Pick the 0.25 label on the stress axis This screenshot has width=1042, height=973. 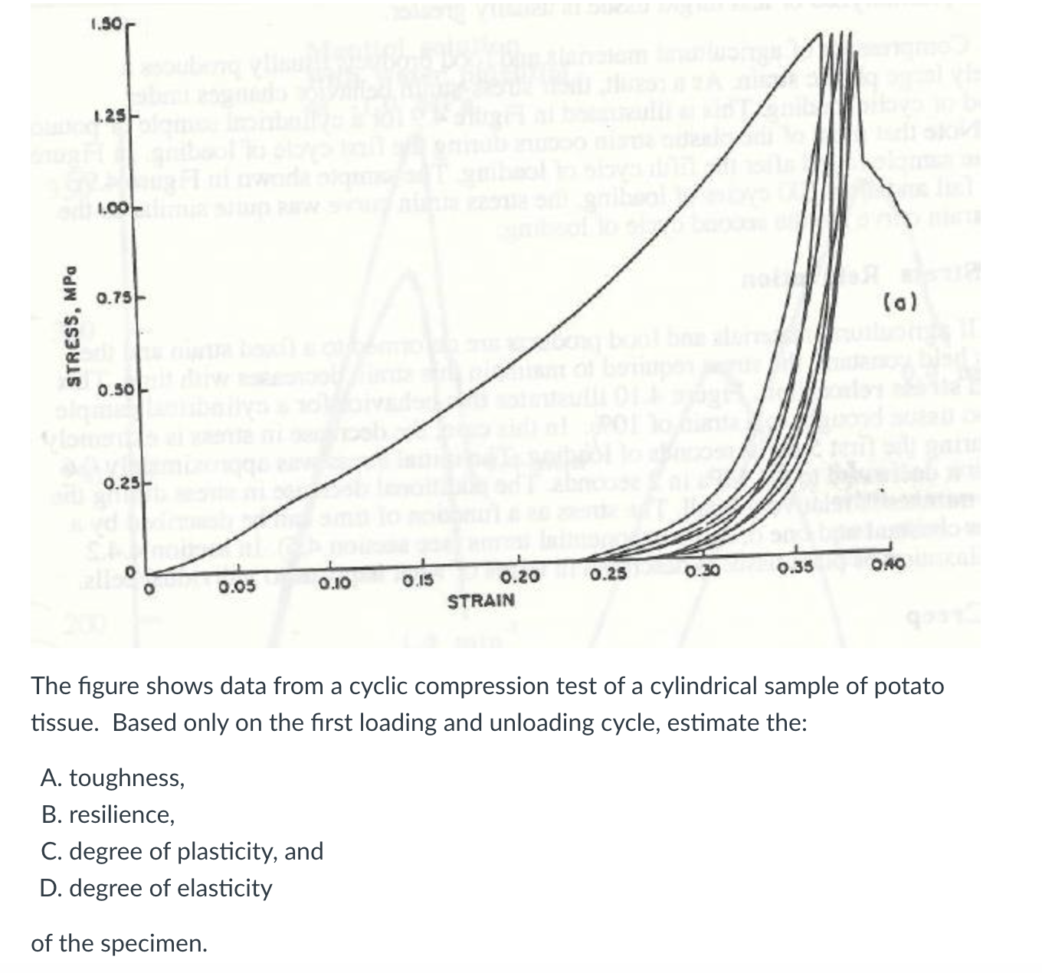tap(119, 483)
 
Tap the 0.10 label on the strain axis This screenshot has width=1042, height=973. tap(333, 585)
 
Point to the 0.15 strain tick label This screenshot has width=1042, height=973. tap(417, 582)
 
